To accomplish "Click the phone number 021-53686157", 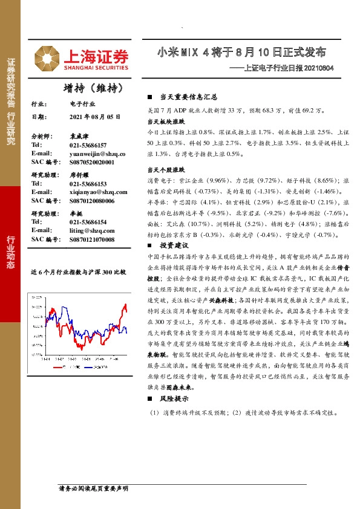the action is [x=88, y=146].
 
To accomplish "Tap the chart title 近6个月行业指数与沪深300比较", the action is [x=78, y=273].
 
